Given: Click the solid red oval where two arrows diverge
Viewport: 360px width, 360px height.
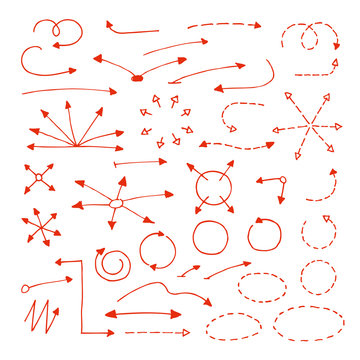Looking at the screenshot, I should (137, 76).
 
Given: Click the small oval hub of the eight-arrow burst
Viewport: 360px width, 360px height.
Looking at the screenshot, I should (116, 204).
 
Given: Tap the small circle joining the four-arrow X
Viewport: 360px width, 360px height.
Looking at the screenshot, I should (39, 177).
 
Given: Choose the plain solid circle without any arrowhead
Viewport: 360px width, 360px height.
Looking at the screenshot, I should (210, 238).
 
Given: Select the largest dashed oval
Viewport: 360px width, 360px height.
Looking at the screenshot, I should (309, 322).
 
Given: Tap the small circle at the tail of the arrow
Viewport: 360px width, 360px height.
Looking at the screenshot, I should (283, 181).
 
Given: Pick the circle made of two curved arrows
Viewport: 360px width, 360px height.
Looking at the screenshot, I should (156, 250).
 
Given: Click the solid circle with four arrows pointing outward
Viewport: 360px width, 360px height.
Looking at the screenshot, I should (212, 185).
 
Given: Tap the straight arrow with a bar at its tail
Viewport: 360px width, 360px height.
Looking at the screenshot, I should (140, 161).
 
